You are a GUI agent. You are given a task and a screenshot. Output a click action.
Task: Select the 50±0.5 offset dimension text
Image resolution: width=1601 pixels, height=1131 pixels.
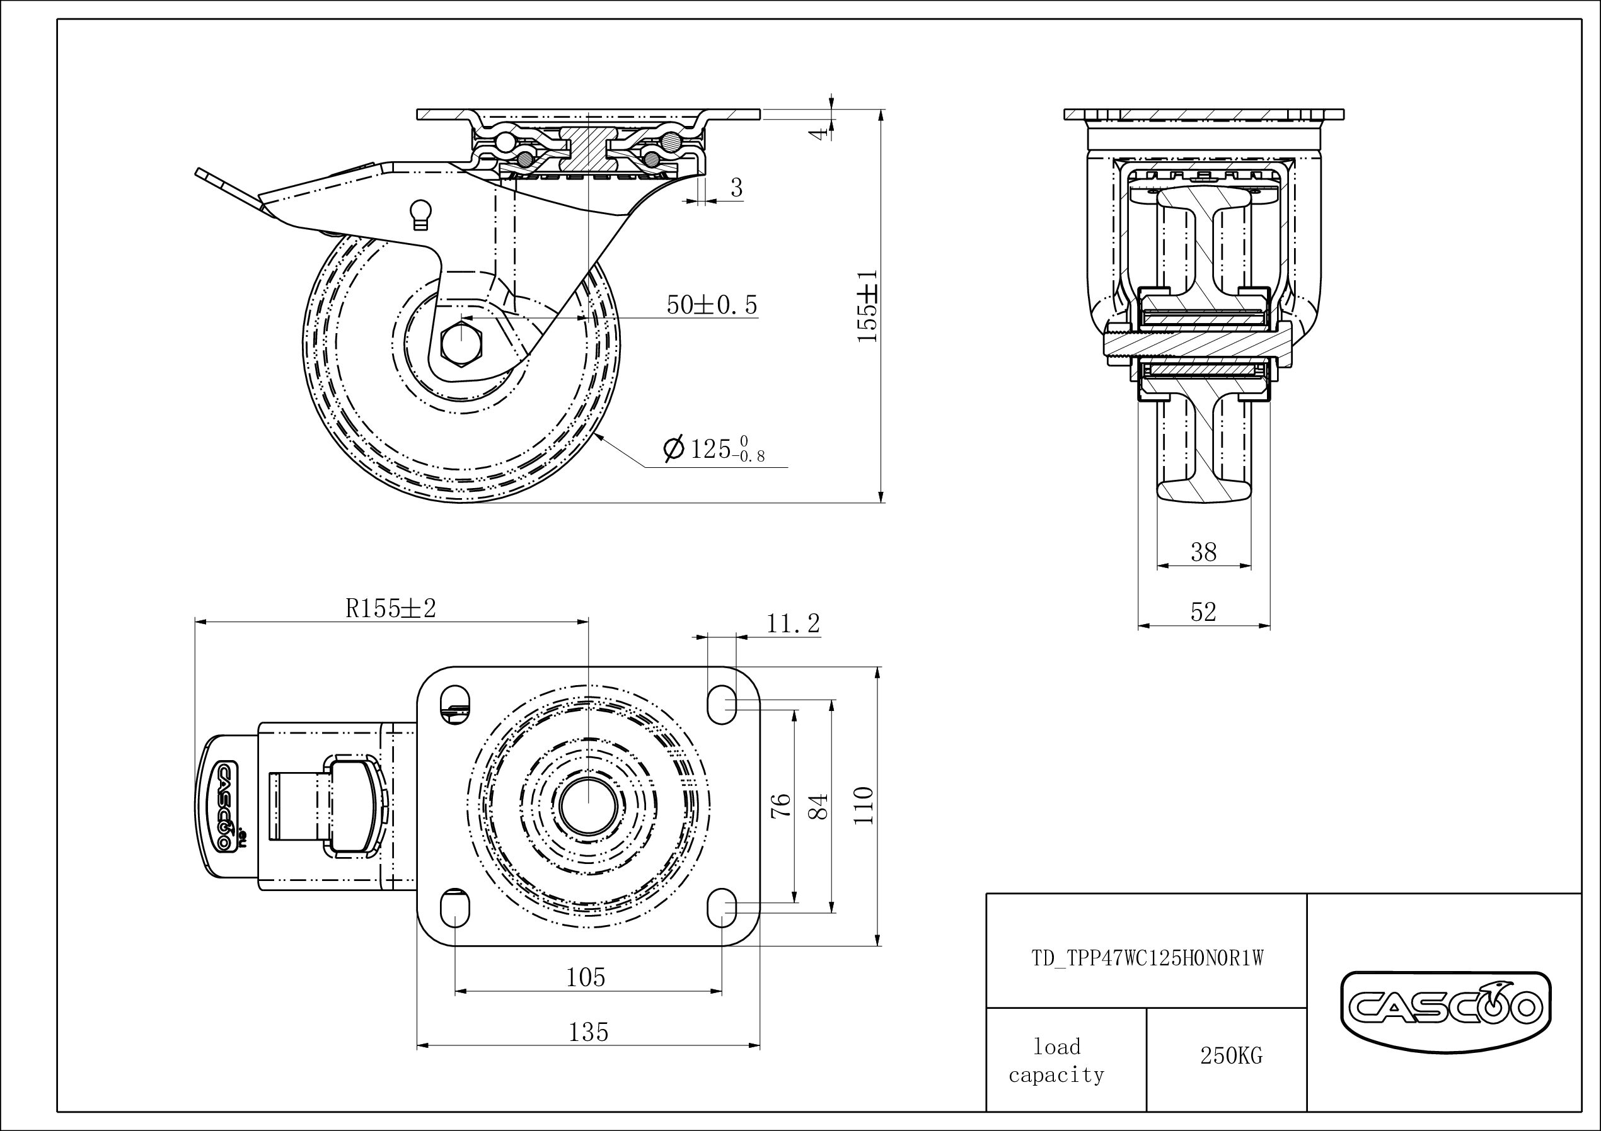[712, 305]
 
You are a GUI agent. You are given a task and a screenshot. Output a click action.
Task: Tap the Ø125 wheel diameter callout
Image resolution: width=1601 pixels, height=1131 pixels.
[714, 449]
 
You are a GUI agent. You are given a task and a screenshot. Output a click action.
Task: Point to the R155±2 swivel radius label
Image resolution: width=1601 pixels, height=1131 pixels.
[391, 609]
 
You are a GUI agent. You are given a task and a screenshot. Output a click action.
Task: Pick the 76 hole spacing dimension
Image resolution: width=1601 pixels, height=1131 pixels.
[782, 805]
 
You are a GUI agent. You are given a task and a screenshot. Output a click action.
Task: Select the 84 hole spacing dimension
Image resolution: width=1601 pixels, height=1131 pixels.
[821, 805]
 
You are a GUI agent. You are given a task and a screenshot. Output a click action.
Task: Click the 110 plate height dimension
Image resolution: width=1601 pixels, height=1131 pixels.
[864, 805]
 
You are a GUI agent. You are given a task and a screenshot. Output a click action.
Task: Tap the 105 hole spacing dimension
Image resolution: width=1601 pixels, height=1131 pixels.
[586, 978]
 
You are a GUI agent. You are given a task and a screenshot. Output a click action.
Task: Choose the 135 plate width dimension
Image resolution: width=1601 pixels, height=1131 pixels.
[589, 1032]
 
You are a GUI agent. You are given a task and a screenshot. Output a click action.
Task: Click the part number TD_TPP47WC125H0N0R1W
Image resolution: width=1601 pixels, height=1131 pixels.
[1148, 959]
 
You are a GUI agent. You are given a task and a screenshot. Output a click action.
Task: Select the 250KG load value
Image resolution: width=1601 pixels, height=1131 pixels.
[1231, 1055]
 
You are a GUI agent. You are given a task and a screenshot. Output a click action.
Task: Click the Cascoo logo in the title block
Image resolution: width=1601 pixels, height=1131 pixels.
[1445, 1006]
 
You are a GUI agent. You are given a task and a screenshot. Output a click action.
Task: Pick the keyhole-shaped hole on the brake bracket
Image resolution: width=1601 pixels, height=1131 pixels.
[422, 214]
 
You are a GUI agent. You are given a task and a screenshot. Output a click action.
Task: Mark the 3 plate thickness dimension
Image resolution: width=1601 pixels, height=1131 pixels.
[736, 188]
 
